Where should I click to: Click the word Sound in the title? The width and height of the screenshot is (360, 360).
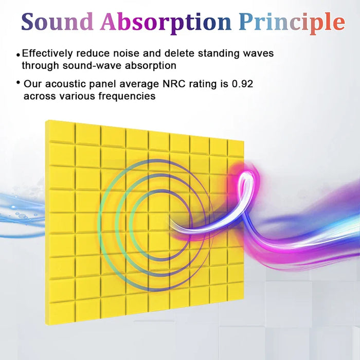(x=57, y=22)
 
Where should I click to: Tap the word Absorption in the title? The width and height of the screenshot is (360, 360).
(x=166, y=22)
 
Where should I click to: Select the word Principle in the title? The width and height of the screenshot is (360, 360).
(x=292, y=22)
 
